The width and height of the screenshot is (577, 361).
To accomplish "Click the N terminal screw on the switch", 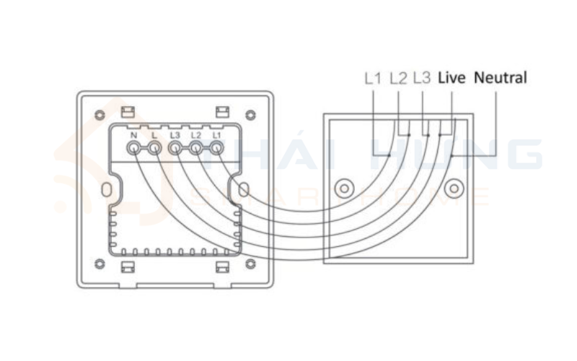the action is (x=133, y=149).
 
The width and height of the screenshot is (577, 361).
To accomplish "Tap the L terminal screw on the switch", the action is (x=155, y=149).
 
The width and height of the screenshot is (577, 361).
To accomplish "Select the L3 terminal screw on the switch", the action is (x=175, y=149).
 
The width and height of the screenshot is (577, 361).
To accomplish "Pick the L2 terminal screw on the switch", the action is (x=196, y=149).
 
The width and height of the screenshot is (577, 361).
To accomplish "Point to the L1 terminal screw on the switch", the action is (x=217, y=149).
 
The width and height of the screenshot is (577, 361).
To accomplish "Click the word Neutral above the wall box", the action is (x=501, y=77).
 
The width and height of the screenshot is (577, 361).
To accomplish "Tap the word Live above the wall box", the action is (x=452, y=77).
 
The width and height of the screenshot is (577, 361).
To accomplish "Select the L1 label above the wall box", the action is (x=373, y=78).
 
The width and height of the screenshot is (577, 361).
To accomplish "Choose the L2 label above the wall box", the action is (x=399, y=78).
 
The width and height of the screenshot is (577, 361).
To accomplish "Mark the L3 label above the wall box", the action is (x=422, y=78).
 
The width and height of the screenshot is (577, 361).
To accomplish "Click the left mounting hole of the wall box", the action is (x=345, y=188).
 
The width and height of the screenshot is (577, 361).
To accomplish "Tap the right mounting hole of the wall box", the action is (x=454, y=188).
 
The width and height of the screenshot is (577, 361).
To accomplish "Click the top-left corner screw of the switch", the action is (x=100, y=115).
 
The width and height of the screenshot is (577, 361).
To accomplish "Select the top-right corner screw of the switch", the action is (x=250, y=115).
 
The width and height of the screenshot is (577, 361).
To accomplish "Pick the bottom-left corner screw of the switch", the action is (x=100, y=264).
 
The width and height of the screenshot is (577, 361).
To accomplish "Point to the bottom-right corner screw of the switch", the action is (x=250, y=264).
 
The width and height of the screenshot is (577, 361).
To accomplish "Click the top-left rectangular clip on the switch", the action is (x=128, y=112).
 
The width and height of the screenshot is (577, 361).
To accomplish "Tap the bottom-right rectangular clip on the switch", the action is (x=222, y=267).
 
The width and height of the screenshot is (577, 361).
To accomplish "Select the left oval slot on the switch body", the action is (x=106, y=190).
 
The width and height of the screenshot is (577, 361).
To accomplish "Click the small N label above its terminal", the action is (x=133, y=135).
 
